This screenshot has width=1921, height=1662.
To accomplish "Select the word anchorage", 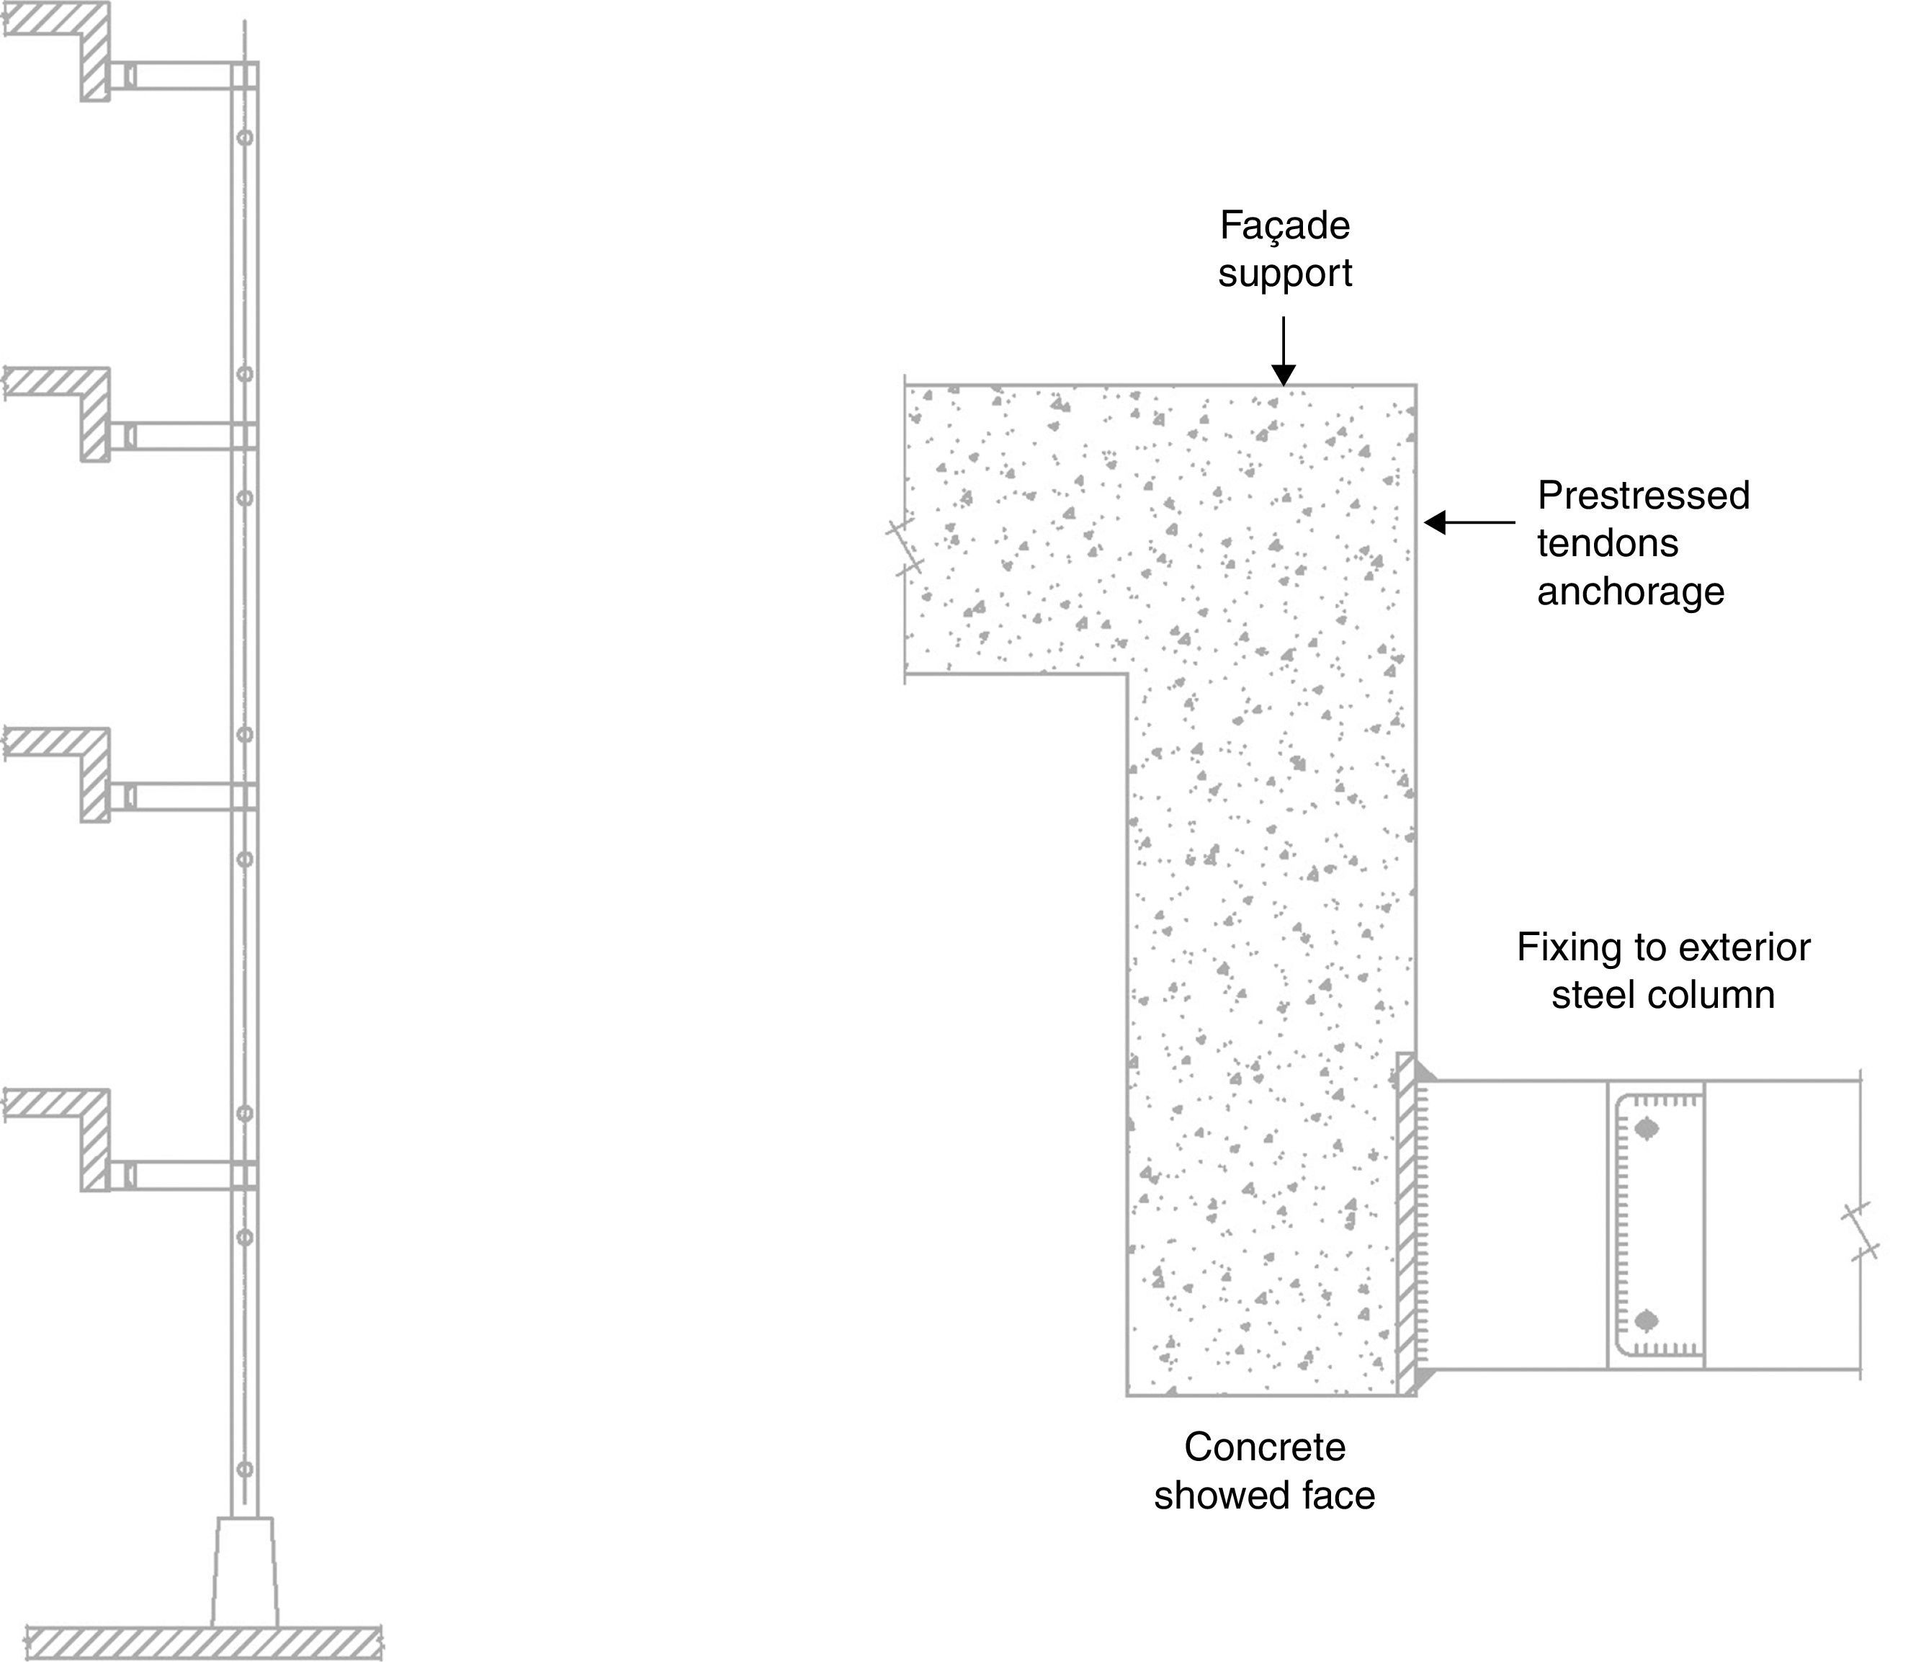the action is [1630, 591].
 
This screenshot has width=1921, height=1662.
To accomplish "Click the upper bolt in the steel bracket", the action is [1647, 1129].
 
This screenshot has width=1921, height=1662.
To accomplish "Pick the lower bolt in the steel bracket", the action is [1647, 1320].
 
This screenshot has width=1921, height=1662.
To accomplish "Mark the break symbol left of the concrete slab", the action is [905, 548].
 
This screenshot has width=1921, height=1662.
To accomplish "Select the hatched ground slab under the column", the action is [204, 1643].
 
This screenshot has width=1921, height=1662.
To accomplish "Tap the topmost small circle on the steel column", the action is [245, 138].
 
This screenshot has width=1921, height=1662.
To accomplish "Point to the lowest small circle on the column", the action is [245, 1469].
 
